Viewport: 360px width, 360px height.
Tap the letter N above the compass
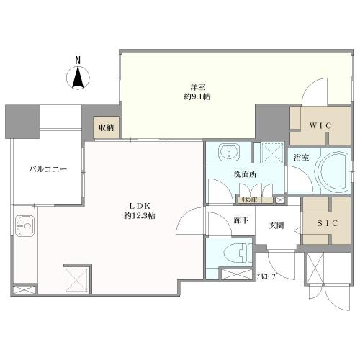[x=79, y=60]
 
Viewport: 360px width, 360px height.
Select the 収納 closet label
[x=105, y=127]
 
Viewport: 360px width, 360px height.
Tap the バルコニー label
[x=48, y=170]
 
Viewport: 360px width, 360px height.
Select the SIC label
[x=328, y=224]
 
